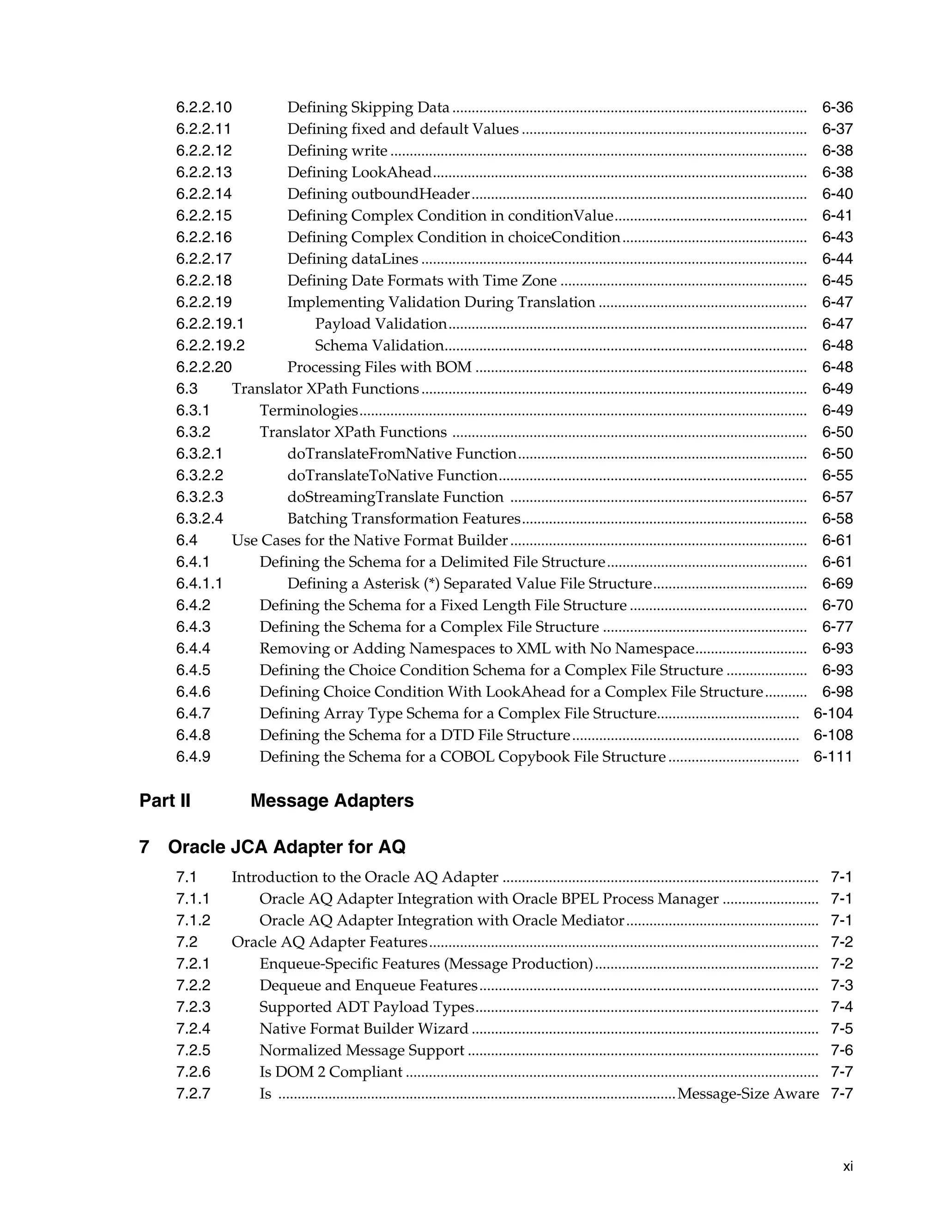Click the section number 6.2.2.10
click(203, 108)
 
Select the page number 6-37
click(837, 129)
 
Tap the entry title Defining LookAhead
click(359, 173)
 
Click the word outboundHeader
click(410, 194)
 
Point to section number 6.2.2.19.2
click(210, 346)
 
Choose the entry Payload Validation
click(381, 324)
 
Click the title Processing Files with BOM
click(379, 368)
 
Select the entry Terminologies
click(308, 411)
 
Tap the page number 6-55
click(837, 476)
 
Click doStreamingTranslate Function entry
click(395, 497)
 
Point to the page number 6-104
click(832, 714)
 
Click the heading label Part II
click(165, 801)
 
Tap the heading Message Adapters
click(332, 801)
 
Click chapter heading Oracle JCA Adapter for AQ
click(286, 847)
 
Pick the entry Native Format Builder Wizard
click(364, 1029)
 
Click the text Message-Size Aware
click(748, 1094)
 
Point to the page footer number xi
click(847, 1166)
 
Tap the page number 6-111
click(832, 757)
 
